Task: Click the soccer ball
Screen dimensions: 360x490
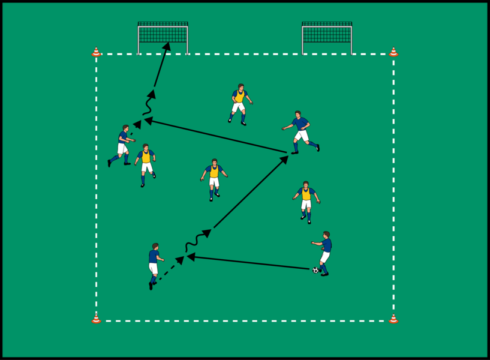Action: tap(315, 270)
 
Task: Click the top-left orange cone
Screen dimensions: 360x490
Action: tap(96, 52)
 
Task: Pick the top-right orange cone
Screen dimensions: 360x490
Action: tap(393, 52)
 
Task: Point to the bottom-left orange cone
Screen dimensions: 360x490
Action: tap(96, 319)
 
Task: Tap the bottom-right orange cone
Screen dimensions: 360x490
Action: tap(393, 319)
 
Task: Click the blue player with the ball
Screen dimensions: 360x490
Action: tap(324, 253)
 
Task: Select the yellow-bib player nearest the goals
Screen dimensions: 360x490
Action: tap(239, 104)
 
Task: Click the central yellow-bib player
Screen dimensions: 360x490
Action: tap(214, 178)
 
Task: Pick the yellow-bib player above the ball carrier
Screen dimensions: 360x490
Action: tap(306, 201)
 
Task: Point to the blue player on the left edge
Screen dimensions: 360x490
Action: tap(122, 145)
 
